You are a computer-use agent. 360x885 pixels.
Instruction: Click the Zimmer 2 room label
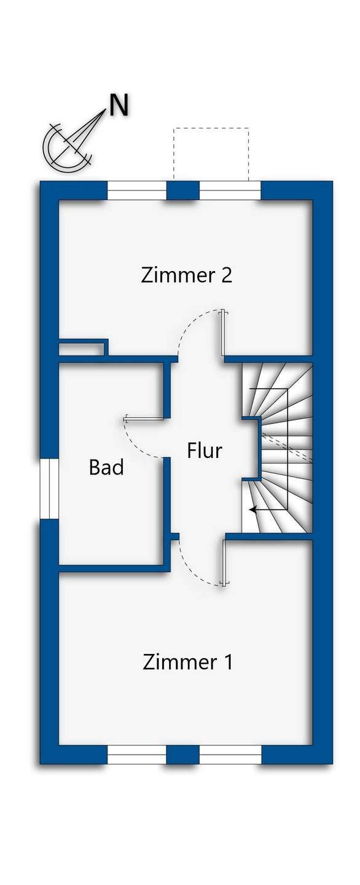click(x=186, y=275)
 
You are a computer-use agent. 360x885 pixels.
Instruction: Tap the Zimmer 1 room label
click(x=187, y=663)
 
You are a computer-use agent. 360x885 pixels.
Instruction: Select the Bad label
click(x=106, y=468)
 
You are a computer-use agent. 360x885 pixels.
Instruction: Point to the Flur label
click(x=204, y=450)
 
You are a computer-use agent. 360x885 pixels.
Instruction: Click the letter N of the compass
click(x=119, y=106)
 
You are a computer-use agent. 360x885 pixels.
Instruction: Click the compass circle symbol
click(x=65, y=148)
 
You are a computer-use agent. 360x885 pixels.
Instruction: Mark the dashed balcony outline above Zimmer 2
click(x=211, y=128)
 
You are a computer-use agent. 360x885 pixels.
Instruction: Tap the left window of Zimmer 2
click(x=137, y=191)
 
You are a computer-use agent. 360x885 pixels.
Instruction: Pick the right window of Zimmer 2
click(x=230, y=191)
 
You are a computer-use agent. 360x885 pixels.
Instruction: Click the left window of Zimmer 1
click(x=136, y=754)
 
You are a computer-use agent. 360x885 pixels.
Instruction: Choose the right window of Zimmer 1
click(x=230, y=754)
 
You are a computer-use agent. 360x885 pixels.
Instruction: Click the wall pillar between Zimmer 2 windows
click(x=183, y=191)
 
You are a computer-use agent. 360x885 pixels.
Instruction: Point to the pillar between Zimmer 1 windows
click(x=183, y=754)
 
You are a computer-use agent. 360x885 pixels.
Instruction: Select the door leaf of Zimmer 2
click(x=224, y=332)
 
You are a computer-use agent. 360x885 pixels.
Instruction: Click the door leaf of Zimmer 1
click(x=224, y=563)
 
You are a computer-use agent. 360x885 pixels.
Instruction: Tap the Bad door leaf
click(x=143, y=419)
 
